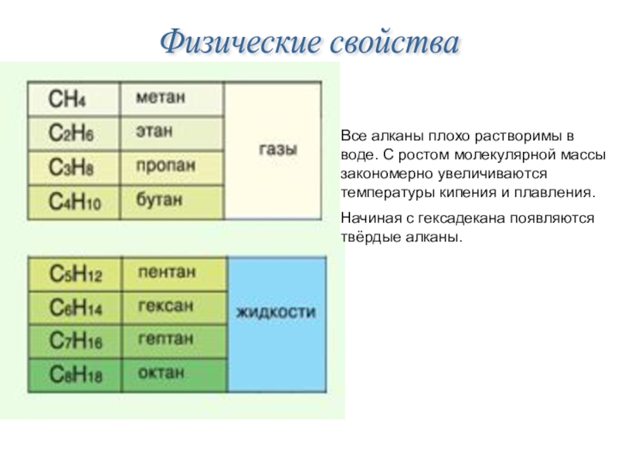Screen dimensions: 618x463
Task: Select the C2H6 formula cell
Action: tap(73, 133)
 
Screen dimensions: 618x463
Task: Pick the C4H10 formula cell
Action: tap(73, 202)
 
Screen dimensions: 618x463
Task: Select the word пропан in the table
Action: tap(165, 166)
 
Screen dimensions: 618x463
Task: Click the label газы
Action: tap(277, 150)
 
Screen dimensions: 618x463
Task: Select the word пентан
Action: tap(166, 272)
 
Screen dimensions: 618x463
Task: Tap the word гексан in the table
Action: tap(165, 306)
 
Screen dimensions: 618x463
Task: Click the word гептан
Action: tap(165, 339)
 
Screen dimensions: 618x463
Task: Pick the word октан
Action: tap(161, 373)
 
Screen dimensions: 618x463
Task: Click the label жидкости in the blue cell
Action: tap(276, 313)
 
